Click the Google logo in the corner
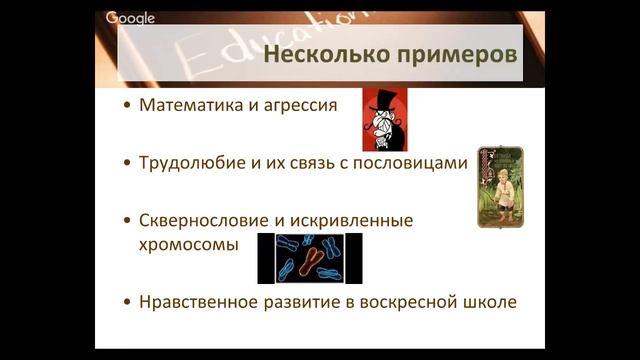[130, 18]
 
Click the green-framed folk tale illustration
[500, 186]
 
